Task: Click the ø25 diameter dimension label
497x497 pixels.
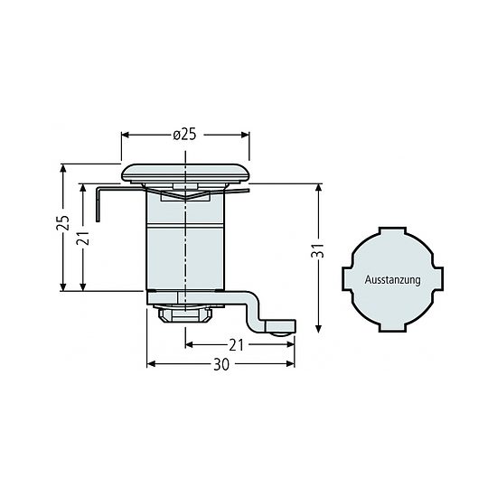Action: click(184, 135)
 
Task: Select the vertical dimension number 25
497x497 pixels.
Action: click(62, 223)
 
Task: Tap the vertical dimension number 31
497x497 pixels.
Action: click(318, 250)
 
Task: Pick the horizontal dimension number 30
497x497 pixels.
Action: click(221, 364)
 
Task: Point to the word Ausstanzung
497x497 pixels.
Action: click(392, 280)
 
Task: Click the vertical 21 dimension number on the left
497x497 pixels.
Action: click(83, 239)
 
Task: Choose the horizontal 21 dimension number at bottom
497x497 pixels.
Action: click(236, 345)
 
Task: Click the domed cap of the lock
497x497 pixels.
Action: click(185, 173)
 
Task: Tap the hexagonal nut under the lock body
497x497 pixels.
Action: click(185, 315)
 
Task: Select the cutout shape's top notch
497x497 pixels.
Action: click(393, 230)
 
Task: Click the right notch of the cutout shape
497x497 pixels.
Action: click(439, 279)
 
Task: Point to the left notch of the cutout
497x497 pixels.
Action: click(346, 279)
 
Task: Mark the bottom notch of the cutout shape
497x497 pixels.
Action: click(393, 328)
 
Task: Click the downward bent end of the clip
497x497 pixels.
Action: click(98, 204)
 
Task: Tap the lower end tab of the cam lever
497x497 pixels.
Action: click(280, 326)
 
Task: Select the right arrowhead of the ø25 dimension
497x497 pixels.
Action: click(245, 135)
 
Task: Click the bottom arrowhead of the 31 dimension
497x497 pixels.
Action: click(319, 329)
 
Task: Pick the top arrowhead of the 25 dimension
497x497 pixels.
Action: click(63, 168)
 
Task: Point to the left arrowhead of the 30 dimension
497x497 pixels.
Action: click(151, 364)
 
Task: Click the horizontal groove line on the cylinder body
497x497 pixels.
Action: click(185, 226)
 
